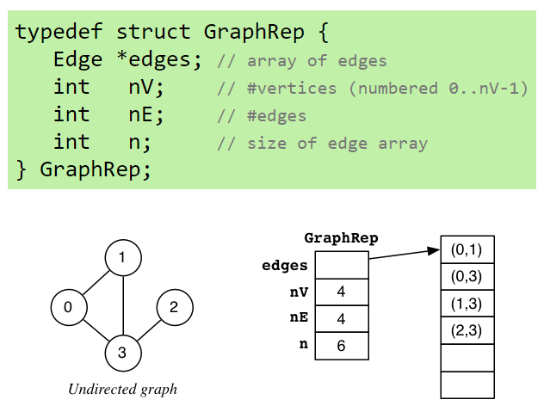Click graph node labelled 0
point(69,307)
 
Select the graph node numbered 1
point(123,257)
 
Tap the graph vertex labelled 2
point(175,307)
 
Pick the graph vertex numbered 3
point(123,352)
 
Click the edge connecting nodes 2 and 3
point(149,329)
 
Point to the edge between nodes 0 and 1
point(96,282)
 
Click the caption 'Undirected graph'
point(122,390)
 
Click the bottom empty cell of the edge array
point(467,384)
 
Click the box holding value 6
point(342,346)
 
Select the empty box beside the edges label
point(342,266)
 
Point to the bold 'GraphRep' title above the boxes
point(341,238)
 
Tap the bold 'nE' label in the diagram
point(299,318)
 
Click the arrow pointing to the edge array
point(405,255)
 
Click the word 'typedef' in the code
point(59,33)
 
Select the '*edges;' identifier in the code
point(159,60)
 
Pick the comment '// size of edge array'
point(323,143)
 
